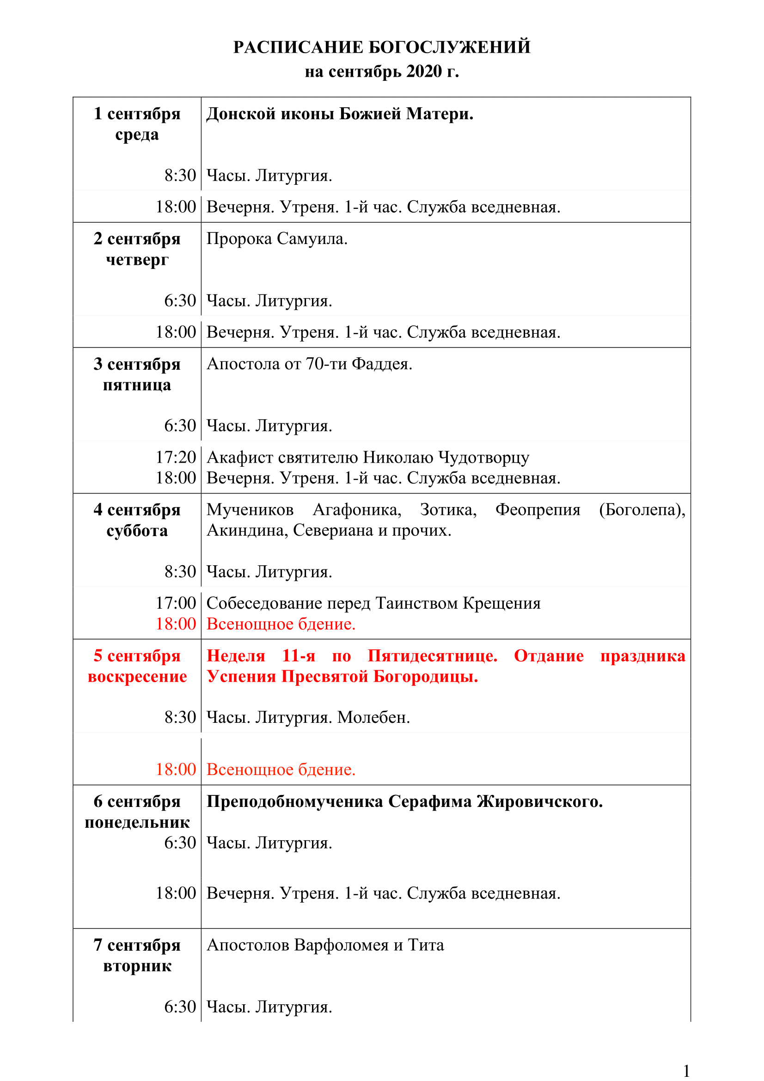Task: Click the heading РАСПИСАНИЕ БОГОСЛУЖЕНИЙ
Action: pos(382,47)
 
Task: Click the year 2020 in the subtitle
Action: pos(424,72)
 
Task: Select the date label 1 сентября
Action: pos(137,114)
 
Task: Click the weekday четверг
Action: pos(137,259)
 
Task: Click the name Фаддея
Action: pos(382,364)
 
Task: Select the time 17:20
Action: pos(176,457)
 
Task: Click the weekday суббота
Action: pos(137,531)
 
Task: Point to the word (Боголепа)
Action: pos(642,509)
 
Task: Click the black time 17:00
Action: pos(176,603)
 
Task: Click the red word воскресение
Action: pos(137,677)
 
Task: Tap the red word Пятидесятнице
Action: pos(432,656)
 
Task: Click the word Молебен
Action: pos(373,717)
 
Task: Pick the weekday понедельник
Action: pos(137,823)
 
